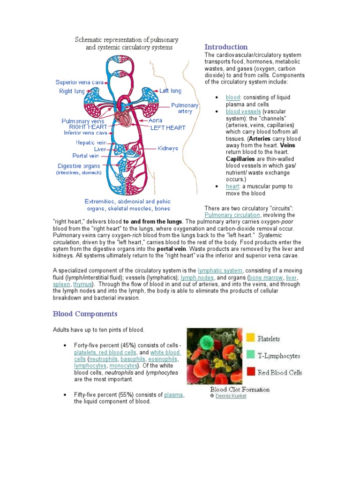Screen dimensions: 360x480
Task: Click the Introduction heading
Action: [226, 47]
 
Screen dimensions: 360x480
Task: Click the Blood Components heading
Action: [85, 314]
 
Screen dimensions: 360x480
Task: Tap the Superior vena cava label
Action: [80, 82]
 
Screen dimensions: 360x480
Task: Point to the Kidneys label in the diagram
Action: [168, 149]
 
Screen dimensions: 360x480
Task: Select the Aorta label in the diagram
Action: [156, 120]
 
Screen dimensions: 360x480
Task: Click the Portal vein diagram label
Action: [86, 156]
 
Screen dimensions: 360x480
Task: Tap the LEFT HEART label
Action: [168, 127]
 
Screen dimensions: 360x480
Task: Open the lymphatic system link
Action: [220, 270]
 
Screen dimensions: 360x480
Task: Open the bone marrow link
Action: [268, 277]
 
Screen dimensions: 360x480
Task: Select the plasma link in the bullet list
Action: [173, 395]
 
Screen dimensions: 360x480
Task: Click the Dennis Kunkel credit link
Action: [231, 396]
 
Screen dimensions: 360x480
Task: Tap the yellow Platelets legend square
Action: [251, 338]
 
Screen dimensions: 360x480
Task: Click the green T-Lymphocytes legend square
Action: [251, 355]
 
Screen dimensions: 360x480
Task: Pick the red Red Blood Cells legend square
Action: [251, 372]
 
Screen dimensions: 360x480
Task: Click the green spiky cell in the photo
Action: [205, 342]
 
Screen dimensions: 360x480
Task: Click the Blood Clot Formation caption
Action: [240, 389]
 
